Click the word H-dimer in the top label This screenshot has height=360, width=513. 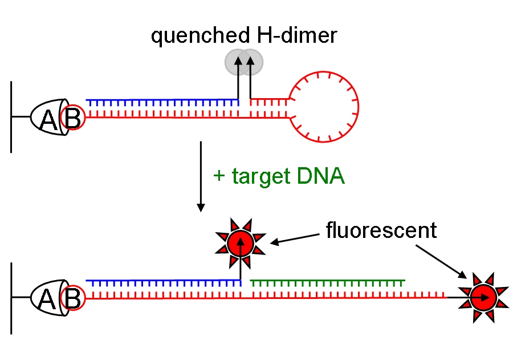294,36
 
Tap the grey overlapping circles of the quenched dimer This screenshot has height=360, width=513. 244,62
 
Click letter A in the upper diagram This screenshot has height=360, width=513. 50,119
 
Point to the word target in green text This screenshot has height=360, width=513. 260,176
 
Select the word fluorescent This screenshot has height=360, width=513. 381,230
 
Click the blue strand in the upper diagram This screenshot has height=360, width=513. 162,103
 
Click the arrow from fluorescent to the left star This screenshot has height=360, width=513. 294,237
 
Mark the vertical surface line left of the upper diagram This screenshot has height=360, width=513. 11,117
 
